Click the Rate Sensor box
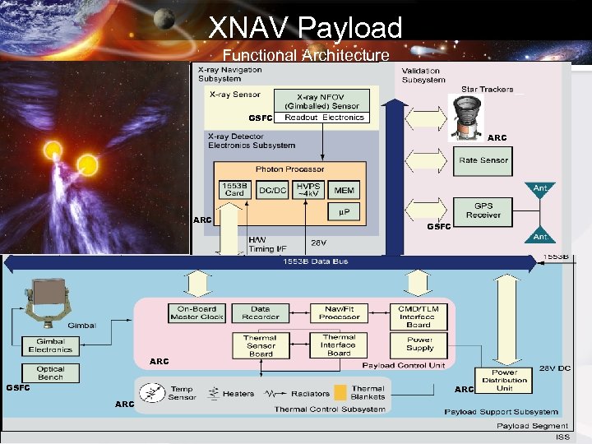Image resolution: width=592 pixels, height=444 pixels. click(483, 160)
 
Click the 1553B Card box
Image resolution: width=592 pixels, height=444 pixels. click(234, 190)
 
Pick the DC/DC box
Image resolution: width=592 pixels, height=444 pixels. click(272, 190)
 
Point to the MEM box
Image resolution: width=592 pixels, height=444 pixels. click(345, 190)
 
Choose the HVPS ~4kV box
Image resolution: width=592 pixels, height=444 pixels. click(308, 190)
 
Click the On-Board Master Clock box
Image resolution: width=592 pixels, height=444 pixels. click(197, 313)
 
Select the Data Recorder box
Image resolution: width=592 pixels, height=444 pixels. click(261, 313)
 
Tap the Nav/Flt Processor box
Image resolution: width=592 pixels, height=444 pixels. click(339, 313)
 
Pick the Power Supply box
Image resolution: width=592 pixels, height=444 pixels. click(419, 344)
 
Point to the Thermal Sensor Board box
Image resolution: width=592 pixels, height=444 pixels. click(261, 345)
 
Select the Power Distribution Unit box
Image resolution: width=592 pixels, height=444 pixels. click(504, 381)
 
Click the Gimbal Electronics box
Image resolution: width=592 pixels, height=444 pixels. click(50, 346)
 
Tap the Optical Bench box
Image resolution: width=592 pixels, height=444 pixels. click(50, 373)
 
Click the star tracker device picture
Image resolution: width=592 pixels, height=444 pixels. click(469, 114)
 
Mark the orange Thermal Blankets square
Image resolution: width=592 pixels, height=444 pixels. click(340, 393)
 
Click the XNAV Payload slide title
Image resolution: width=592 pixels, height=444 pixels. click(305, 28)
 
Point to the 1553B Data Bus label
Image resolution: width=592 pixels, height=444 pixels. click(315, 261)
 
